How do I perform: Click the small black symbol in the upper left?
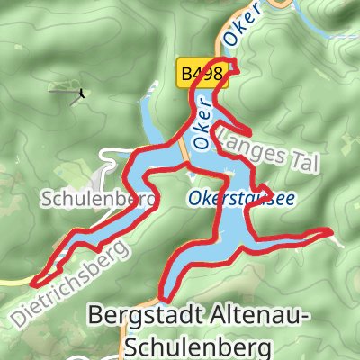(82, 91)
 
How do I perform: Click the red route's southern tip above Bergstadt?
(165, 297)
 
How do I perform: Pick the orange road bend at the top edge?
(285, 5)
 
